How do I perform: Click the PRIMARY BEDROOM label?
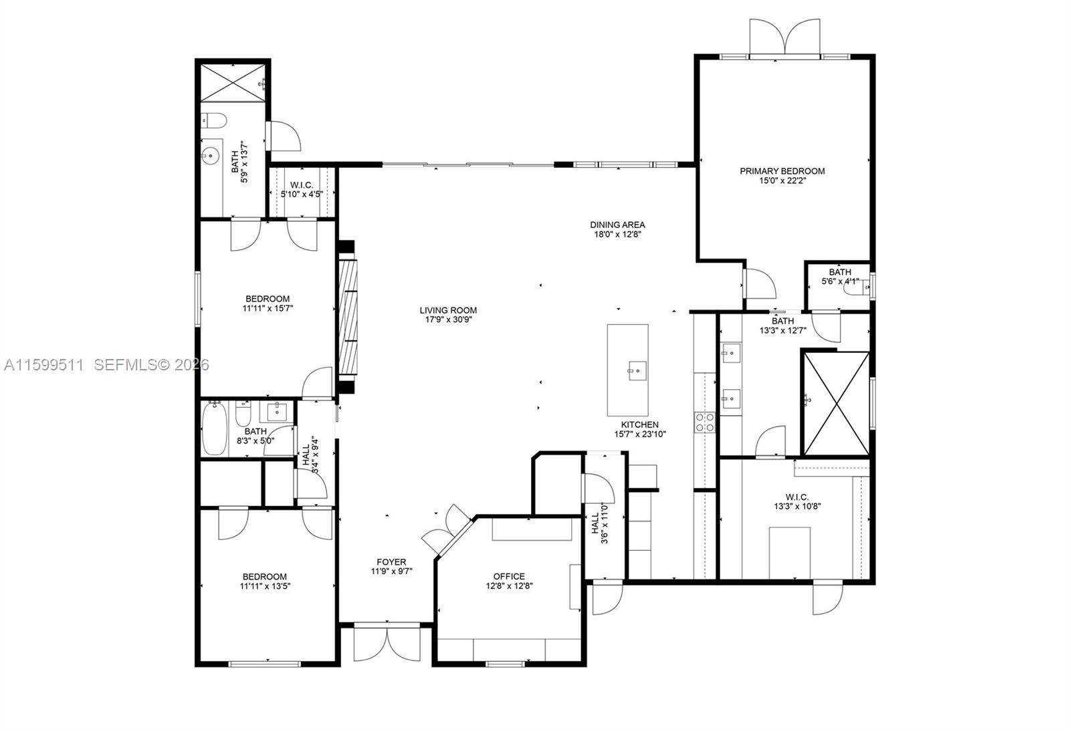[782, 171]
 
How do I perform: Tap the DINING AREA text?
[617, 225]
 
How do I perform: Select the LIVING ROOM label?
[448, 310]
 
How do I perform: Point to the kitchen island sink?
[635, 369]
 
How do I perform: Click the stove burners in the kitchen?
[705, 422]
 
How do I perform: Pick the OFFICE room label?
[509, 576]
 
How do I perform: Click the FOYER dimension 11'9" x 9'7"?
[391, 572]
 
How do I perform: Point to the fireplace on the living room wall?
[348, 316]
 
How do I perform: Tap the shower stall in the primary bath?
[836, 403]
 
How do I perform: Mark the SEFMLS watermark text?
[151, 365]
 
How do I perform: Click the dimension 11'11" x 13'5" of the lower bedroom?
[265, 586]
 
